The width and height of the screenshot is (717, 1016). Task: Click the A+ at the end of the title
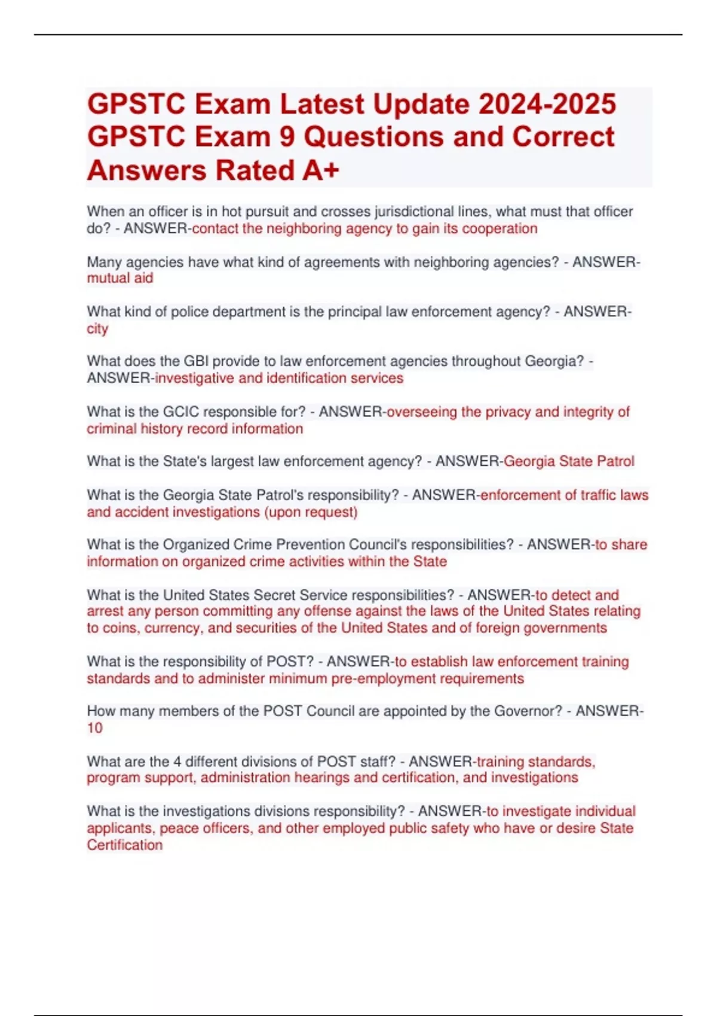point(321,170)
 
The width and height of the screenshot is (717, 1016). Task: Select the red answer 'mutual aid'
point(120,279)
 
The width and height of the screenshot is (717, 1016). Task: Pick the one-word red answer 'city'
point(97,329)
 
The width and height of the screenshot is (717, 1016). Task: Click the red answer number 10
point(94,728)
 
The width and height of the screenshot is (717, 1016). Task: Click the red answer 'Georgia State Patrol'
point(569,461)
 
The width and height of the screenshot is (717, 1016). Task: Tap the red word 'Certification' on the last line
point(124,845)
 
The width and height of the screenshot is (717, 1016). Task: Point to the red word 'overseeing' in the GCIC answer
point(422,412)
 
